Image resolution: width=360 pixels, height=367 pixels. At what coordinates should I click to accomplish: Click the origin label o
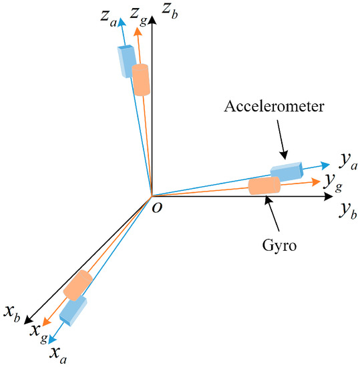[x=158, y=208]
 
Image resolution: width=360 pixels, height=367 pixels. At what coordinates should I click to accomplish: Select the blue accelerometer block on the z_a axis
[x=125, y=61]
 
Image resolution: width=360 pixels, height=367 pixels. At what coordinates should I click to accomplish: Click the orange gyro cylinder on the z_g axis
[x=140, y=80]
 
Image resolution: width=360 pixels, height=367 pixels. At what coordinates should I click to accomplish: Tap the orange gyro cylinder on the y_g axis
[x=264, y=186]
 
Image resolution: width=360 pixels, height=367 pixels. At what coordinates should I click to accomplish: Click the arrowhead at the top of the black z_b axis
[x=153, y=20]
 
